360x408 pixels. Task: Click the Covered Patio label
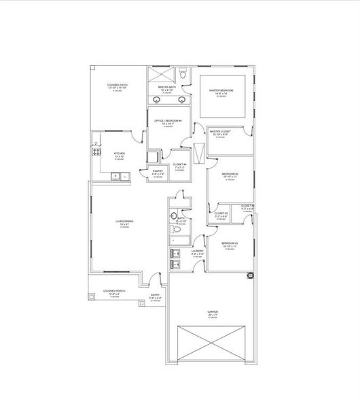(x=117, y=86)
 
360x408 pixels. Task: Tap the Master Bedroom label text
(x=222, y=90)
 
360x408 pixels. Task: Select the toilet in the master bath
(x=183, y=73)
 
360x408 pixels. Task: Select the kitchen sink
(x=121, y=177)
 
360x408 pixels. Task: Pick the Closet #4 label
(x=179, y=165)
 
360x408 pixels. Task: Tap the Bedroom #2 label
(x=230, y=175)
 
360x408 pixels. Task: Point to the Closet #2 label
(x=221, y=214)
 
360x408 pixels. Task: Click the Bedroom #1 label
(x=230, y=243)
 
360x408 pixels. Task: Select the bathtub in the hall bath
(x=179, y=235)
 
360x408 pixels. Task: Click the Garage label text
(x=213, y=312)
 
